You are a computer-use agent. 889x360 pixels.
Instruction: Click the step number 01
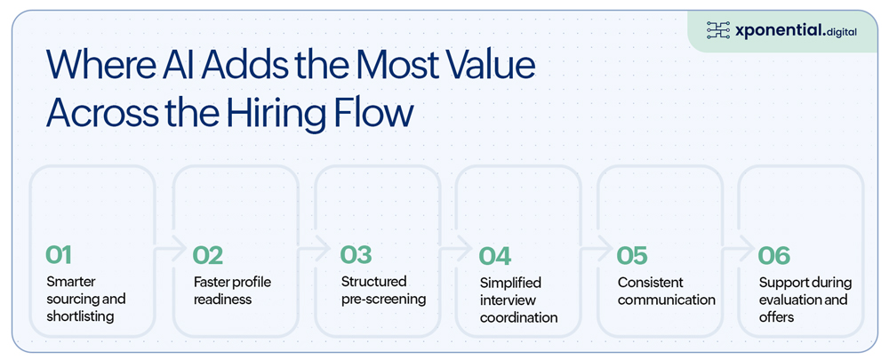click(x=59, y=255)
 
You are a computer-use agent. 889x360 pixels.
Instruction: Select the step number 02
click(x=208, y=255)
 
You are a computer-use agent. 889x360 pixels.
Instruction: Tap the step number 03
click(x=356, y=255)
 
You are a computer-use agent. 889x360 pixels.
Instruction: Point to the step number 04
click(x=495, y=256)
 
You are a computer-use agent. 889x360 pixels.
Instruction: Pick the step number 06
click(x=774, y=255)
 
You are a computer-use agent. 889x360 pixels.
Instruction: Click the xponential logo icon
click(x=717, y=30)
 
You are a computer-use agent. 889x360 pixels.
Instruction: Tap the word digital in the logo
click(x=841, y=32)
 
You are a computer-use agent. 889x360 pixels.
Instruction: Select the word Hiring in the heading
click(x=283, y=114)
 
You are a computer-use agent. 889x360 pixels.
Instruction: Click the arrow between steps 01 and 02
click(x=172, y=248)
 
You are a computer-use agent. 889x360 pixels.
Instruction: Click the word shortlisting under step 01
click(x=80, y=316)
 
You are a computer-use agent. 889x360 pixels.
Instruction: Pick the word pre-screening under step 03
click(x=383, y=300)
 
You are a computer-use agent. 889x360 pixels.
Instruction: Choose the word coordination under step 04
click(x=519, y=317)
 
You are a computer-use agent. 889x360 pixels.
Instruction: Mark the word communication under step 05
click(x=666, y=300)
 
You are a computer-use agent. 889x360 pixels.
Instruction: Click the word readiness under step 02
click(x=222, y=300)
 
